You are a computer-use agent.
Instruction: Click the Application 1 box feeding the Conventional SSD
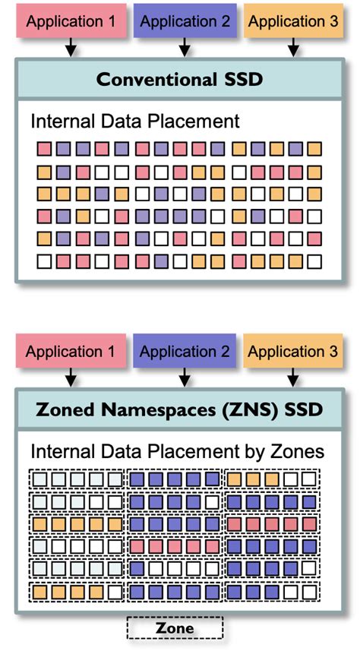tap(71, 21)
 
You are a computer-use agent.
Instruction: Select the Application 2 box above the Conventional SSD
tap(185, 21)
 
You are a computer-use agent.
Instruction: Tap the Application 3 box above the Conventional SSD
tap(293, 21)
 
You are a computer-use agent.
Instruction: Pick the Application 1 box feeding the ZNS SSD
tap(71, 351)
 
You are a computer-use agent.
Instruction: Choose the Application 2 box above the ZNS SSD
tap(185, 351)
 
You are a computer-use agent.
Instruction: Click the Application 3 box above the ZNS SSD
tap(293, 351)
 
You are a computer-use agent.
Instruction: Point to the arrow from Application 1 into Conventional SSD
tap(71, 47)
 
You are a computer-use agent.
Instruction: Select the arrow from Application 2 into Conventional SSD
tap(185, 47)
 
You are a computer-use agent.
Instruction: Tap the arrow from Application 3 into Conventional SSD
tap(294, 47)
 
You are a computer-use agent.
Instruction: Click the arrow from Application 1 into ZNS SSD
tap(71, 378)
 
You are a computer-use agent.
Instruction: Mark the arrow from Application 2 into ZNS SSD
tap(185, 378)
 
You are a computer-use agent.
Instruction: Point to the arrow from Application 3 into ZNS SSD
tap(294, 378)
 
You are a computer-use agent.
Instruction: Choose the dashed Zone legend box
tap(175, 627)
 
